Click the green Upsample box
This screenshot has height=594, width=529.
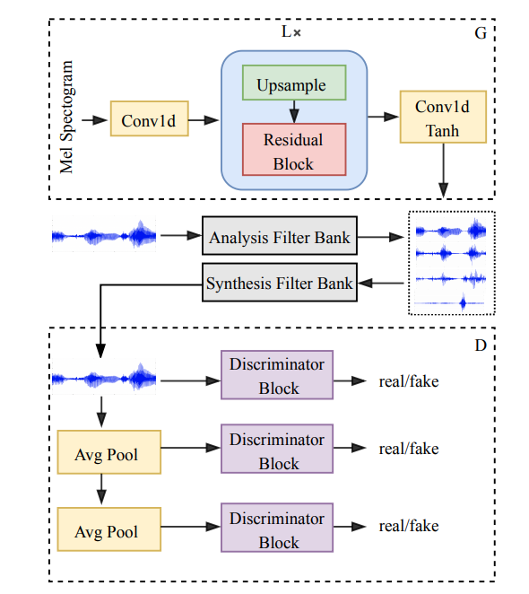pyautogui.click(x=294, y=83)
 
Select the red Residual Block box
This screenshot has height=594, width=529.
pyautogui.click(x=294, y=149)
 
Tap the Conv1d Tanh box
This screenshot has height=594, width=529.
pyautogui.click(x=443, y=117)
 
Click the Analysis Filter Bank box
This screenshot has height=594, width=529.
pyautogui.click(x=280, y=236)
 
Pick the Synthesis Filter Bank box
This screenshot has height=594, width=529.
pyautogui.click(x=280, y=283)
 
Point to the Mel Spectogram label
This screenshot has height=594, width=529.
pyautogui.click(x=66, y=117)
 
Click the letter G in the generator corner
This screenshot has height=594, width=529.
pyautogui.click(x=481, y=33)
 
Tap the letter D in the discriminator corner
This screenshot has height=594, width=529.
pyautogui.click(x=481, y=345)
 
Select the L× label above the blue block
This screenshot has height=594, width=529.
pyautogui.click(x=291, y=31)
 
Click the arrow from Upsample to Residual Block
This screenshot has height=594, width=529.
pyautogui.click(x=294, y=112)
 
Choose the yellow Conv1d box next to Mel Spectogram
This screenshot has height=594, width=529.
pyautogui.click(x=149, y=118)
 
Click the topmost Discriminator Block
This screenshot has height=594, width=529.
pyautogui.click(x=277, y=375)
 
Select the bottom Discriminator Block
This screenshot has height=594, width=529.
pyautogui.click(x=277, y=528)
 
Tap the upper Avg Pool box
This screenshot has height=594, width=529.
pyautogui.click(x=109, y=452)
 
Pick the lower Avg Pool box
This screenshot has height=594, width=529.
pyautogui.click(x=109, y=529)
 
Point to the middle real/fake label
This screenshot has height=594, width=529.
pyautogui.click(x=409, y=449)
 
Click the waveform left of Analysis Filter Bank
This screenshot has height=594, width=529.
pyautogui.click(x=104, y=234)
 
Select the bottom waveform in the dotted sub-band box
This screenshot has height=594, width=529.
pyautogui.click(x=450, y=302)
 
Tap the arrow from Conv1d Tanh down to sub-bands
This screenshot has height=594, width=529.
pyautogui.click(x=443, y=170)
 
